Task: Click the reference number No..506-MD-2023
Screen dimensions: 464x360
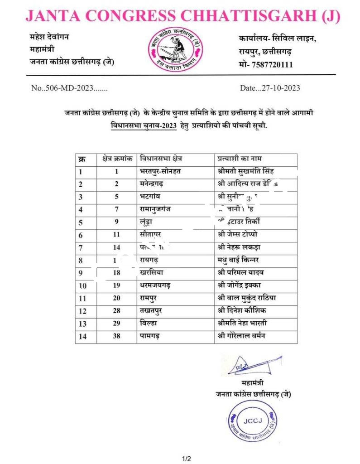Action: [69, 88]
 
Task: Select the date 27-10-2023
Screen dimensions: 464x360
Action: [270, 88]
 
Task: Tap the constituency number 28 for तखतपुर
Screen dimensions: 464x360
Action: [115, 311]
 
